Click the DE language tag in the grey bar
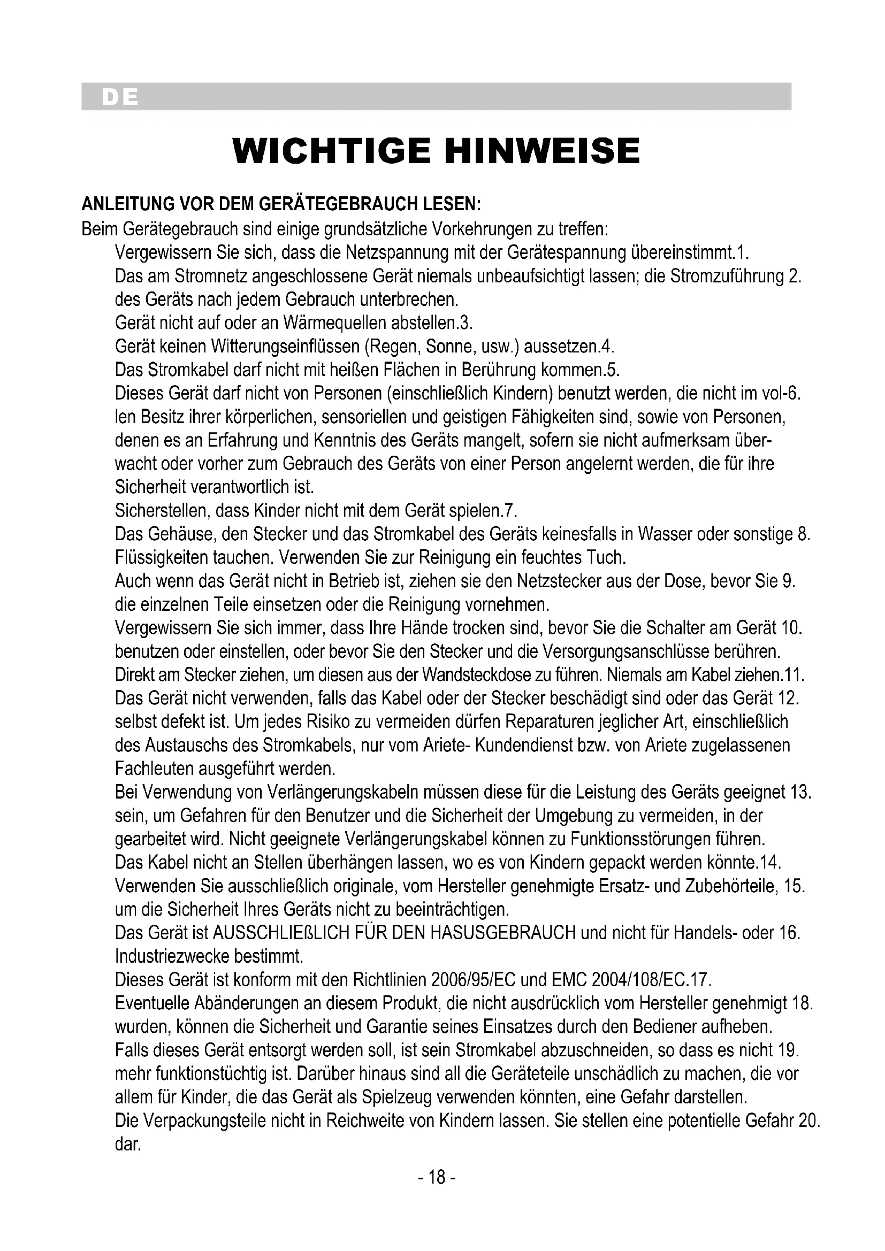pyautogui.click(x=119, y=97)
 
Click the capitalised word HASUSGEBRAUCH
pyautogui.click(x=503, y=933)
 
